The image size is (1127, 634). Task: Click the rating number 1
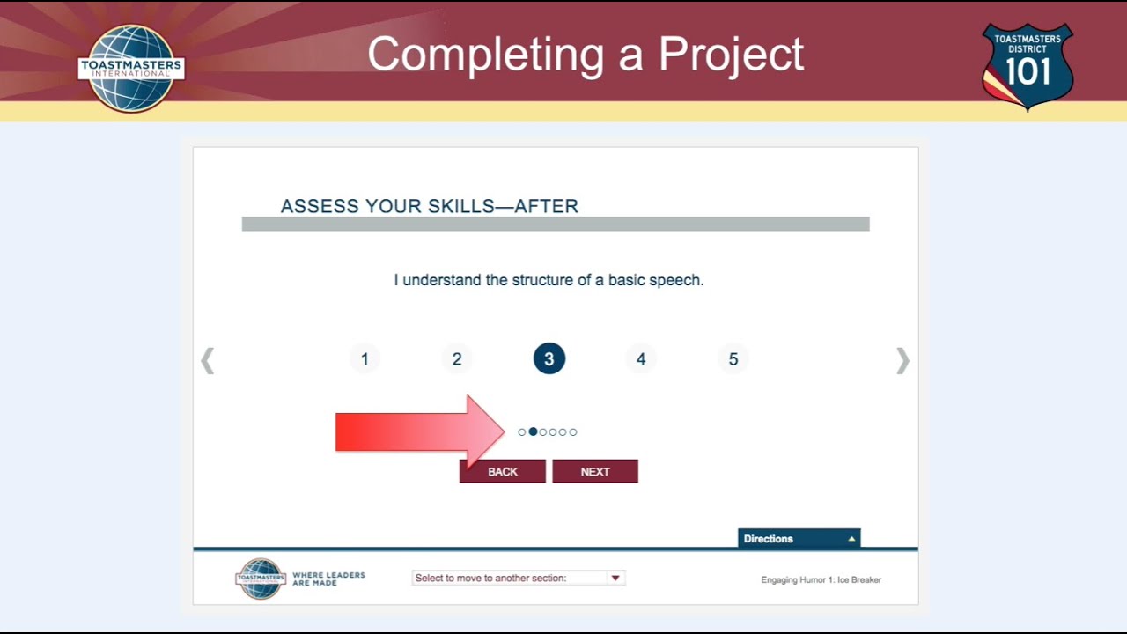click(x=365, y=359)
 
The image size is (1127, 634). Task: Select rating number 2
click(x=457, y=359)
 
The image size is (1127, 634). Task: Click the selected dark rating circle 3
click(x=549, y=359)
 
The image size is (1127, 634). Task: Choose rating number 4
click(x=641, y=359)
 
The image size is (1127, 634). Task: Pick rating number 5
click(x=733, y=359)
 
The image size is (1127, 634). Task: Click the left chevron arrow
click(x=208, y=360)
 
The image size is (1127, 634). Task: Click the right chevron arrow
click(x=902, y=360)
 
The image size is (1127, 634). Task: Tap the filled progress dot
click(x=533, y=431)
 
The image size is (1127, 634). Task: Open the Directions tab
click(x=799, y=539)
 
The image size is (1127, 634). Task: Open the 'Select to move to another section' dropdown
click(x=518, y=578)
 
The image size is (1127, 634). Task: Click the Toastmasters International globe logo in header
click(x=131, y=68)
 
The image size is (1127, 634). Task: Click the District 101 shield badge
click(x=1028, y=66)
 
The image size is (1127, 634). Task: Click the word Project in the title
click(x=731, y=55)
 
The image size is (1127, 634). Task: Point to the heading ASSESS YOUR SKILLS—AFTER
click(x=430, y=206)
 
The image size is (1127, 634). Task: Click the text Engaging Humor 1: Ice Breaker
click(x=821, y=579)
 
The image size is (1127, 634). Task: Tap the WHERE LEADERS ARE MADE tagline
click(x=328, y=579)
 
